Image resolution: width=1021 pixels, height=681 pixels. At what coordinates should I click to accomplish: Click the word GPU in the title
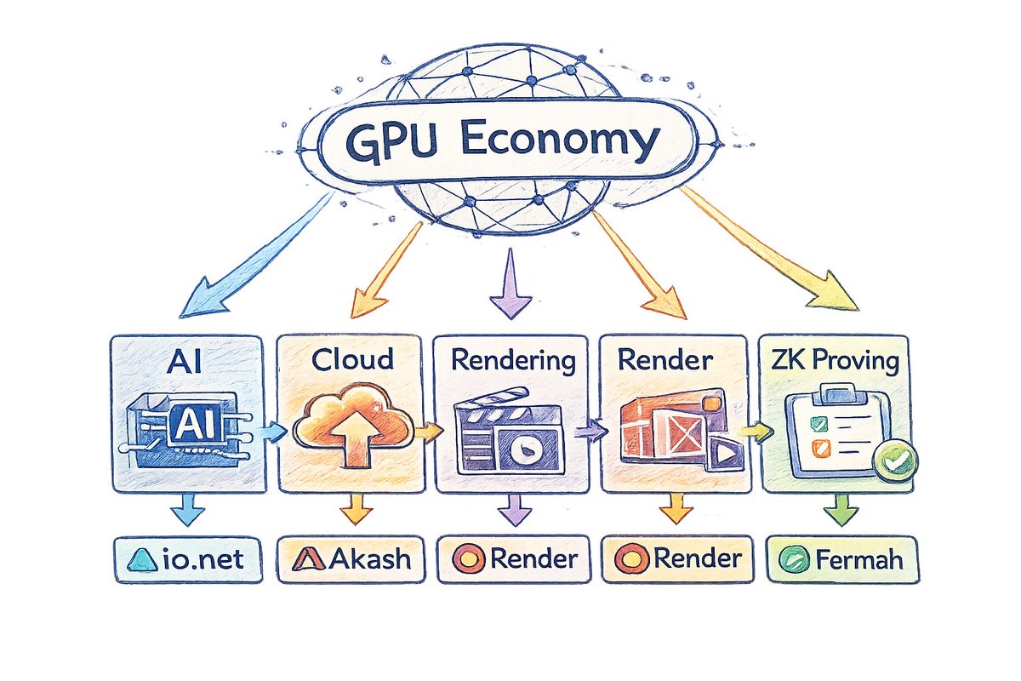coord(392,142)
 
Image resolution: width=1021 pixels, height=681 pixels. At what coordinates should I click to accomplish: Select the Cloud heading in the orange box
coord(352,359)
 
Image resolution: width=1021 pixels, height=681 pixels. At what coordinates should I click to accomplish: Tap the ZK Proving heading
coord(835,362)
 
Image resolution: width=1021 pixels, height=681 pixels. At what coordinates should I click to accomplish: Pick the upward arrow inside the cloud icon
coord(353,441)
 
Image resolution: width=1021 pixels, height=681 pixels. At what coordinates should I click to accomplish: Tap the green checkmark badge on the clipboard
coord(895,461)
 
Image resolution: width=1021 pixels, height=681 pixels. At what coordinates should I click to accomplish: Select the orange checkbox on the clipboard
coord(821,449)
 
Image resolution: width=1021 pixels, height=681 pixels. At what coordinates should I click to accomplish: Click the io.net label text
coord(202,559)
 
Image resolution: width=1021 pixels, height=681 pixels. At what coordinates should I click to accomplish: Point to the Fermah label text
coord(859,559)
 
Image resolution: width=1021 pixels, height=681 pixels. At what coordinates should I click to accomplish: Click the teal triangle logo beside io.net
coord(144,559)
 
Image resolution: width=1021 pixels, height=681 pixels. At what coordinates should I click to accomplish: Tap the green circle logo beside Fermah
coord(795,559)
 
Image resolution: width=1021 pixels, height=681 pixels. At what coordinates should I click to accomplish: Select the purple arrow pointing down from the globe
coord(510,283)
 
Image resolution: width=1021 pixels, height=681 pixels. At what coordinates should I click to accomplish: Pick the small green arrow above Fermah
coord(841,510)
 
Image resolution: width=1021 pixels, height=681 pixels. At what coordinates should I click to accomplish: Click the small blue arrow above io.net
coord(188,510)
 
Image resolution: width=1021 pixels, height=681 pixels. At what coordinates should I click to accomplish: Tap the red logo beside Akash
coord(309,559)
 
